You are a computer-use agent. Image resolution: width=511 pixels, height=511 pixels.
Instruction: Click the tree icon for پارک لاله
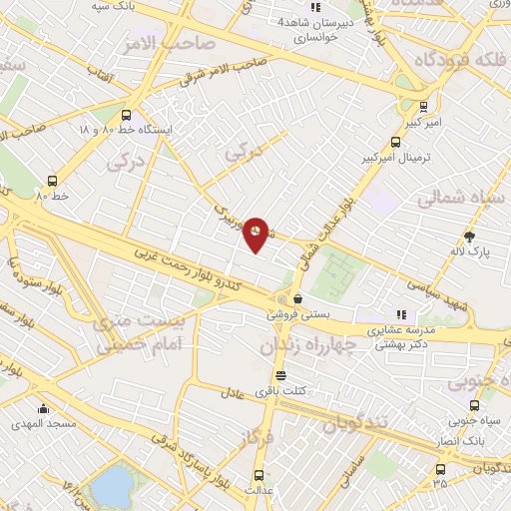tap(469, 237)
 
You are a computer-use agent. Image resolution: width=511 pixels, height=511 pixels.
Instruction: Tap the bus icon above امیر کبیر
tap(424, 106)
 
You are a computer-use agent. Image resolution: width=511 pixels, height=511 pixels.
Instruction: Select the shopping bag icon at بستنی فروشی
tap(297, 297)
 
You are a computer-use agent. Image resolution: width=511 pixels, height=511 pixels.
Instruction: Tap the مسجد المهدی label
tap(44, 423)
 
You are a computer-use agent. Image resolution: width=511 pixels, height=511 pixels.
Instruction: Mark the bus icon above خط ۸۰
tap(52, 181)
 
